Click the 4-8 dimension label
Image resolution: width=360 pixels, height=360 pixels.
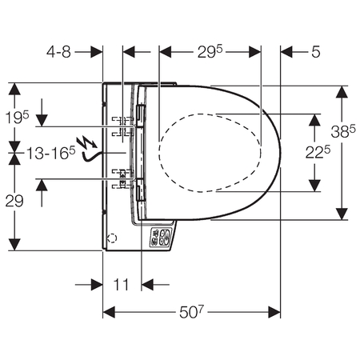(58, 52)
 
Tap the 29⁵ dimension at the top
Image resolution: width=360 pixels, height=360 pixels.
(210, 51)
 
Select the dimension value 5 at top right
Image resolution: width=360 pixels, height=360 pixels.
(315, 52)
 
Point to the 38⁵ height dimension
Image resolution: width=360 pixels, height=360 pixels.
(343, 131)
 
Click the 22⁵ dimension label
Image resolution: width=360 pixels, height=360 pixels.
(318, 153)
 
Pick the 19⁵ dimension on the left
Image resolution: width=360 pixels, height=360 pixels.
(17, 118)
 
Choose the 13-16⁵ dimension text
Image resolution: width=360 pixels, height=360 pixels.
(51, 153)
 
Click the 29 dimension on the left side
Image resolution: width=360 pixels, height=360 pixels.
(14, 201)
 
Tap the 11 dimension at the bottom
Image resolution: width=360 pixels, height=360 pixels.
(122, 285)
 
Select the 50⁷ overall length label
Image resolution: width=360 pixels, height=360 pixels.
(191, 312)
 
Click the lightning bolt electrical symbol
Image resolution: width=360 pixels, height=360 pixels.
(86, 142)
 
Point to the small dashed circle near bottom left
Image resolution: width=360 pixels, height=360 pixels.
(112, 238)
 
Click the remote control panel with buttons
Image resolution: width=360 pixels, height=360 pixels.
(162, 237)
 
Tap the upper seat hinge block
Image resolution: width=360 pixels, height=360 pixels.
(141, 116)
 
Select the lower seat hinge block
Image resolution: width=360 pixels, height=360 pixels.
(141, 190)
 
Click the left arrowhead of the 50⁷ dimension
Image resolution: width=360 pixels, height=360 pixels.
(109, 312)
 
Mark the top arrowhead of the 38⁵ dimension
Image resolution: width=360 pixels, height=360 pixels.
(342, 92)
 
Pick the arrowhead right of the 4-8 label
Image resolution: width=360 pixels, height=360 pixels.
(97, 52)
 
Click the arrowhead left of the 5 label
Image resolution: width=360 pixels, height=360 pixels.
(286, 52)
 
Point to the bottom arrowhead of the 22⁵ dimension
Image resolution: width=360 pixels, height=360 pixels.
(314, 186)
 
